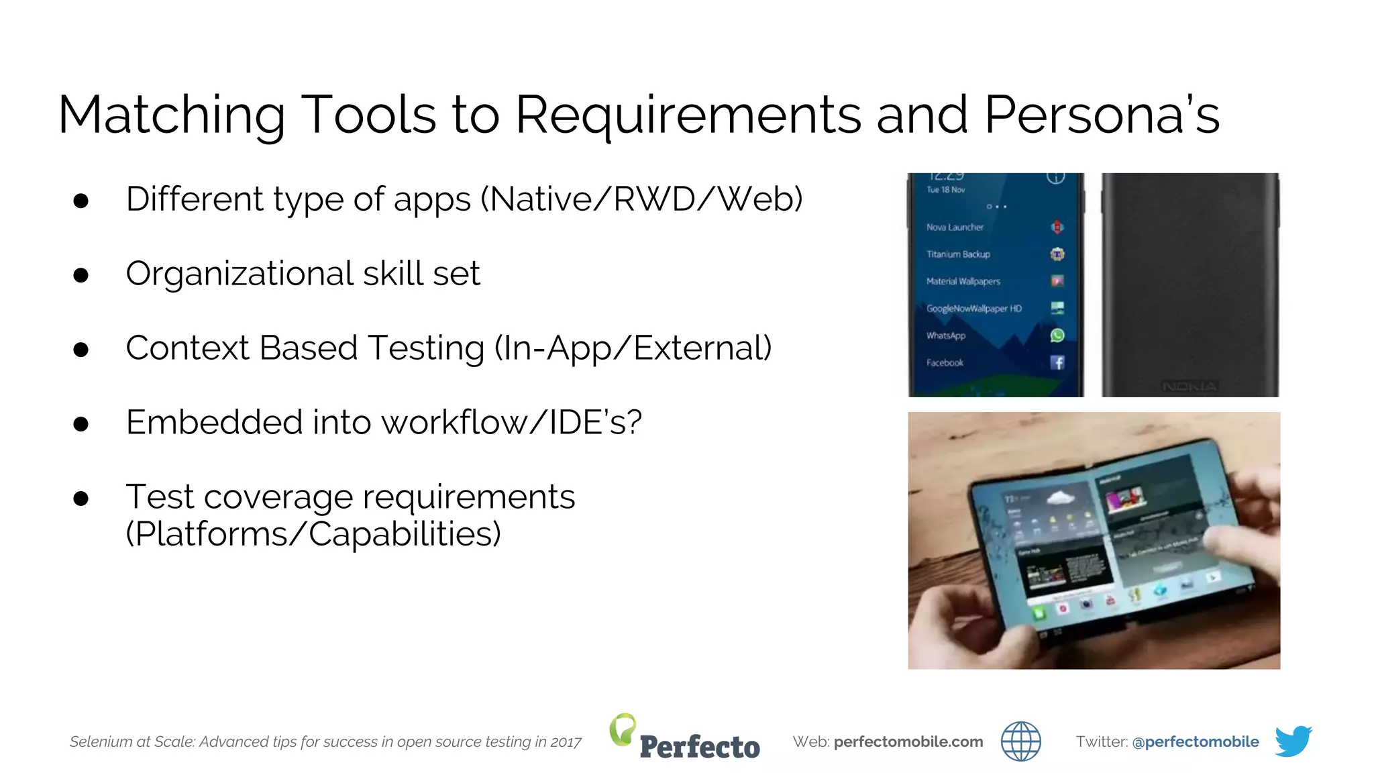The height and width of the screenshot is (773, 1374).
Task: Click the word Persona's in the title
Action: [x=1101, y=115]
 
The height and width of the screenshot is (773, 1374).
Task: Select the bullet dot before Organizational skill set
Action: [x=81, y=275]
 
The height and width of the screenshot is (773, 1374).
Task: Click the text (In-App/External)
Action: [x=633, y=348]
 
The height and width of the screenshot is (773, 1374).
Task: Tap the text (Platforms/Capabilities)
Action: [x=313, y=535]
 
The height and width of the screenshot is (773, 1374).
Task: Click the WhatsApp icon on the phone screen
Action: [x=1057, y=336]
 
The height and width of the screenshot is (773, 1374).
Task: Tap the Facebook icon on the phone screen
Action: [x=1057, y=363]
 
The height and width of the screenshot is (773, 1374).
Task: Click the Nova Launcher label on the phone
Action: [x=955, y=227]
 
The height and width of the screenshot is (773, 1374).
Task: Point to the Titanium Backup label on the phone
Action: [x=958, y=254]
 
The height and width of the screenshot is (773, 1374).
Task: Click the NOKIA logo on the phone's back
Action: [x=1190, y=386]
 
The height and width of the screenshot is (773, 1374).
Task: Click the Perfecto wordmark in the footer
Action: [x=700, y=747]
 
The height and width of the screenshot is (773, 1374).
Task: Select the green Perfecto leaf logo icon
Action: [x=623, y=729]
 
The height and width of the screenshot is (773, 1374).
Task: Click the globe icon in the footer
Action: [x=1020, y=741]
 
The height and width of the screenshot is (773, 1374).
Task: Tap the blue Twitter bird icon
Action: [x=1293, y=741]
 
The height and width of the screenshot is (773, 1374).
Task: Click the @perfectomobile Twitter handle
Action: [x=1195, y=742]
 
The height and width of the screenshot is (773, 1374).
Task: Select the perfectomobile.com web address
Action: [x=908, y=742]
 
